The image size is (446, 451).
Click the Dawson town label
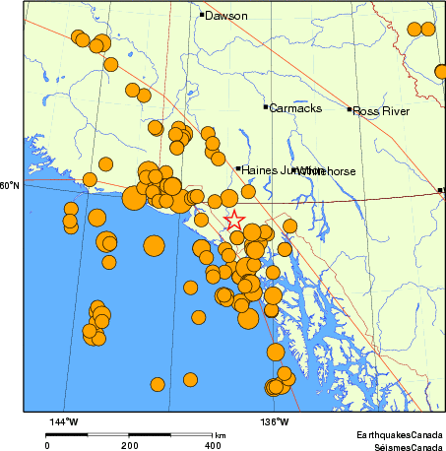(226, 16)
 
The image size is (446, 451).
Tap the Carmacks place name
(295, 108)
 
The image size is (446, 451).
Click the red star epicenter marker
(234, 221)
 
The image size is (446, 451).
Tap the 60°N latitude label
(9, 185)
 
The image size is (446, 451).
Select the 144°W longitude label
(64, 422)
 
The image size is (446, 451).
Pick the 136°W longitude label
(275, 422)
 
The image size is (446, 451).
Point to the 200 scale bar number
(130, 446)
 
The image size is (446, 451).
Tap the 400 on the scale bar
(212, 446)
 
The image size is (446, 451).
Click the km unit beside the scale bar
(221, 435)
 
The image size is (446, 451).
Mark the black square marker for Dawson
(202, 15)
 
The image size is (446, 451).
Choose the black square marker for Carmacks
(266, 107)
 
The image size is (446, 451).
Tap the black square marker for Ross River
(350, 109)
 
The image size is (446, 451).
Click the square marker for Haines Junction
(237, 168)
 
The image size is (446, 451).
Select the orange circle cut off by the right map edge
(441, 72)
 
